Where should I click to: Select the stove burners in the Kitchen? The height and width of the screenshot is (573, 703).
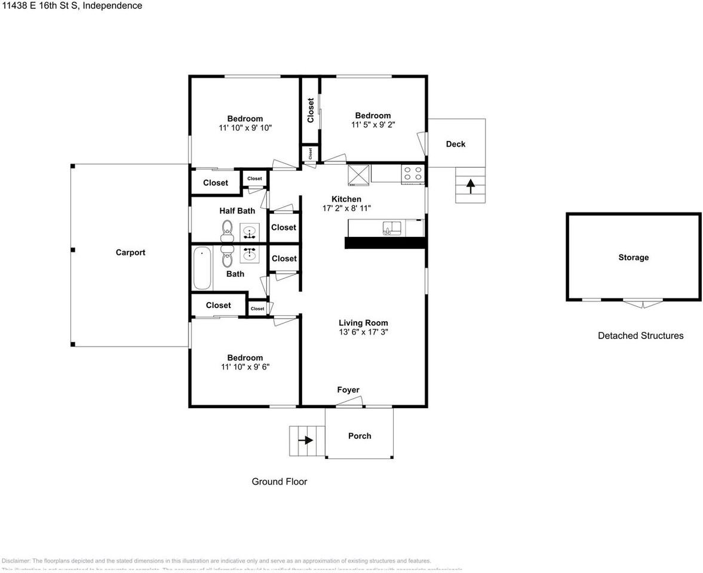pyautogui.click(x=413, y=173)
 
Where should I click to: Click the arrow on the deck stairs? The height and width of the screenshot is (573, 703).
pyautogui.click(x=470, y=186)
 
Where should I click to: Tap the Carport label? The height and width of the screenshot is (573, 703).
pyautogui.click(x=130, y=252)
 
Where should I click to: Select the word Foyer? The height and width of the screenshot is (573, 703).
pyautogui.click(x=348, y=390)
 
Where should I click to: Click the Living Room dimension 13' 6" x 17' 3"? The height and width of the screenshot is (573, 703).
pyautogui.click(x=363, y=332)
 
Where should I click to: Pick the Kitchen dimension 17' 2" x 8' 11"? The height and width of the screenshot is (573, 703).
pyautogui.click(x=346, y=208)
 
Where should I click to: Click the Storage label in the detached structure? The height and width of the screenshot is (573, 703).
pyautogui.click(x=633, y=257)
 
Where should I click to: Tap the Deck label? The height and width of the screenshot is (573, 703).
pyautogui.click(x=455, y=144)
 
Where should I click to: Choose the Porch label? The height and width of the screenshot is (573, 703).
pyautogui.click(x=360, y=436)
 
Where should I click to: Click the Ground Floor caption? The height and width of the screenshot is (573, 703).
pyautogui.click(x=279, y=482)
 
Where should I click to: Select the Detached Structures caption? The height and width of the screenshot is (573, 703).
pyautogui.click(x=640, y=335)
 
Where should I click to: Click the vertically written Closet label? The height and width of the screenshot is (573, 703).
pyautogui.click(x=311, y=110)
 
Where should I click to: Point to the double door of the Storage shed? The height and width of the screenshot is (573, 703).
pyautogui.click(x=642, y=303)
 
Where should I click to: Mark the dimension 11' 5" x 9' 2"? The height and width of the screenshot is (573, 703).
pyautogui.click(x=373, y=125)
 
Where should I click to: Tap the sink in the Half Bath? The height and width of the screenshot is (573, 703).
pyautogui.click(x=250, y=230)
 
